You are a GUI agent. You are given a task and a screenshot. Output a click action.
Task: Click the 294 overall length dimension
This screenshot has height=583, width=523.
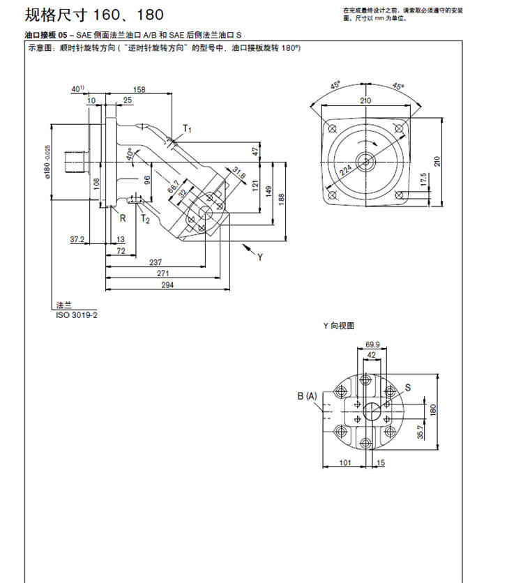coord(167,285)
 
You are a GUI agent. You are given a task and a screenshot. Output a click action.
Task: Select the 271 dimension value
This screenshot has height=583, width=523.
coord(167,274)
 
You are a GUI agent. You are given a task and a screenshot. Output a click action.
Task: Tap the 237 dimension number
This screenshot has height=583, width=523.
coord(157,262)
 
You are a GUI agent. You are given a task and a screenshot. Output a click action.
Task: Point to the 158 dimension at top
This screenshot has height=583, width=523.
coord(139,89)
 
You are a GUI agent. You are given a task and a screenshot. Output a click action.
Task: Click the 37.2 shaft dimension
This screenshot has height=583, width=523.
coord(77,239)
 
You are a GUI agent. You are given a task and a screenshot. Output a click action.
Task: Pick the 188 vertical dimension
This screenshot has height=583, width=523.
coord(282,198)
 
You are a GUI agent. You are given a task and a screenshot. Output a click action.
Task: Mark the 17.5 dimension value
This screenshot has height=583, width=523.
coord(423,181)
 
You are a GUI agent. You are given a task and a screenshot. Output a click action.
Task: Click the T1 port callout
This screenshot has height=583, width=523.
coord(187,128)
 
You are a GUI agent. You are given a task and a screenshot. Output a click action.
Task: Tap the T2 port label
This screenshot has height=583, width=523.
coord(145,219)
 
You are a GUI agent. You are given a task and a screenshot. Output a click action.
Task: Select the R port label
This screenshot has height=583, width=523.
coord(123,218)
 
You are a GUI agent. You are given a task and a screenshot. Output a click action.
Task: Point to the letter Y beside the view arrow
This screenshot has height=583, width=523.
coord(259,257)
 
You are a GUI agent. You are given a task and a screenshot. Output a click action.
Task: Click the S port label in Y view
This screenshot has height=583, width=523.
coord(408,386)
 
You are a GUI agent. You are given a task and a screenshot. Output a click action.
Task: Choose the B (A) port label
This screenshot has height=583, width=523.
coord(307,396)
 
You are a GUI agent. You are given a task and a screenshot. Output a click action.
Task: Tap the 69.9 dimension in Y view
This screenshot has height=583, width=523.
coord(372,344)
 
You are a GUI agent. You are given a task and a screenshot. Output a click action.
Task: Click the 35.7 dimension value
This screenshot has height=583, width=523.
coord(420,433)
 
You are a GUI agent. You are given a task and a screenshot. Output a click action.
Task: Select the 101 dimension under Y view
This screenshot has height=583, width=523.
coord(344,462)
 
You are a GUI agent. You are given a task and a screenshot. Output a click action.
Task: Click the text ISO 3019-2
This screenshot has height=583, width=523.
coord(77,315)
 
